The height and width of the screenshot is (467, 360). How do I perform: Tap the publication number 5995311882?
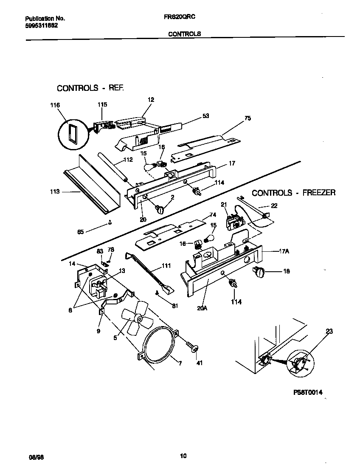click(42, 25)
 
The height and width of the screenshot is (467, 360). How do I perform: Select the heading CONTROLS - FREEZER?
click(294, 193)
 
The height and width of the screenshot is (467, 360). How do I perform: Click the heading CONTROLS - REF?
click(90, 88)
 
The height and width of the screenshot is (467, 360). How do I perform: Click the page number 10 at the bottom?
click(183, 456)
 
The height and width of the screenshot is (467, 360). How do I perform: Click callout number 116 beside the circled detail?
click(55, 105)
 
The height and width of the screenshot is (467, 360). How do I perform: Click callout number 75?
click(247, 118)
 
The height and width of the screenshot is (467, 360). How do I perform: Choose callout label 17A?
click(284, 251)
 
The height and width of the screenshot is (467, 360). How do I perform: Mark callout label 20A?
click(202, 308)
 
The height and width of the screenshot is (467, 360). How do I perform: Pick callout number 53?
click(206, 115)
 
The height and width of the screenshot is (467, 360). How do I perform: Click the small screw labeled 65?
click(110, 222)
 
